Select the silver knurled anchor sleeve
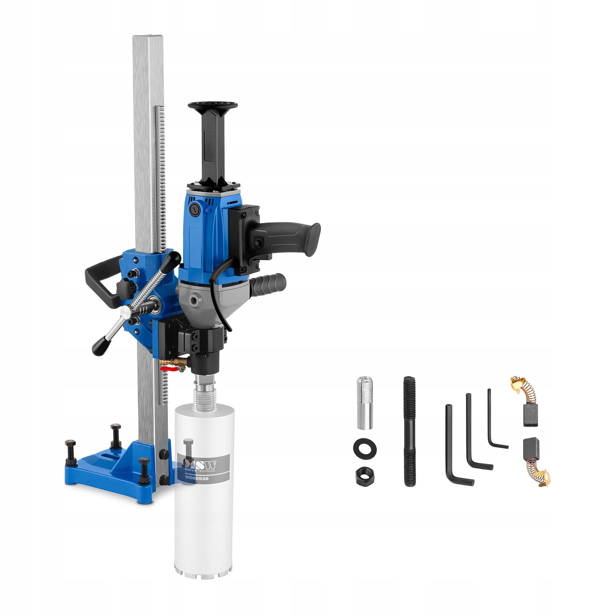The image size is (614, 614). tap(365, 403)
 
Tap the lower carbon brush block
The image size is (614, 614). tap(531, 449)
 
